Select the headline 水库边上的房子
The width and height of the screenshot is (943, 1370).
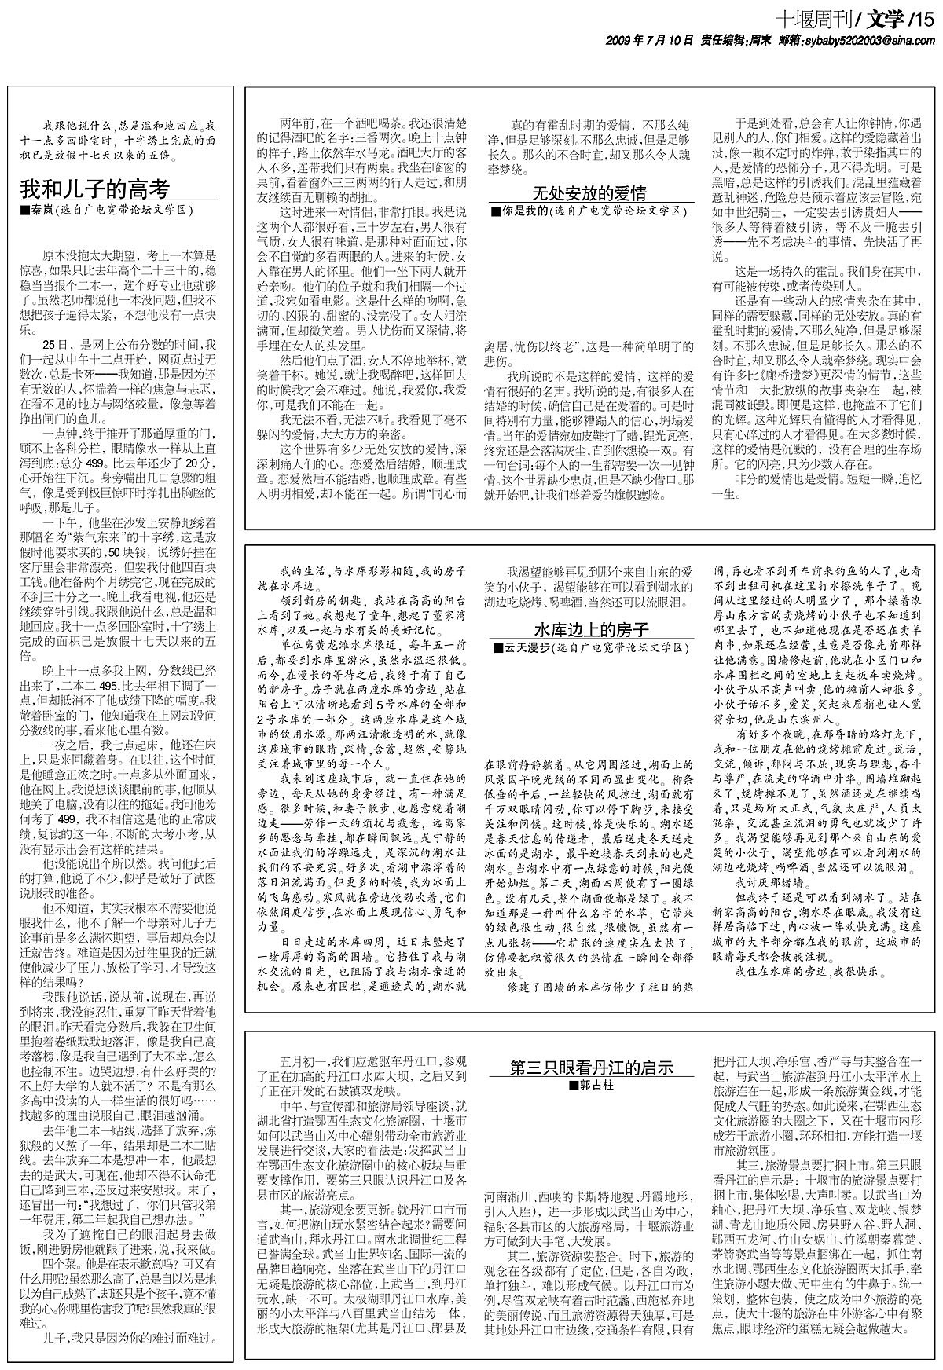pyautogui.click(x=591, y=630)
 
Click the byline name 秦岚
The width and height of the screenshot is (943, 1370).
pyautogui.click(x=39, y=211)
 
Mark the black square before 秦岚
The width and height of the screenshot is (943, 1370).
pyautogui.click(x=25, y=211)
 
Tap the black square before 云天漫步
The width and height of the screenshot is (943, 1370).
pyautogui.click(x=496, y=648)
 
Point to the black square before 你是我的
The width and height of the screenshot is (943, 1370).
pyautogui.click(x=496, y=211)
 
